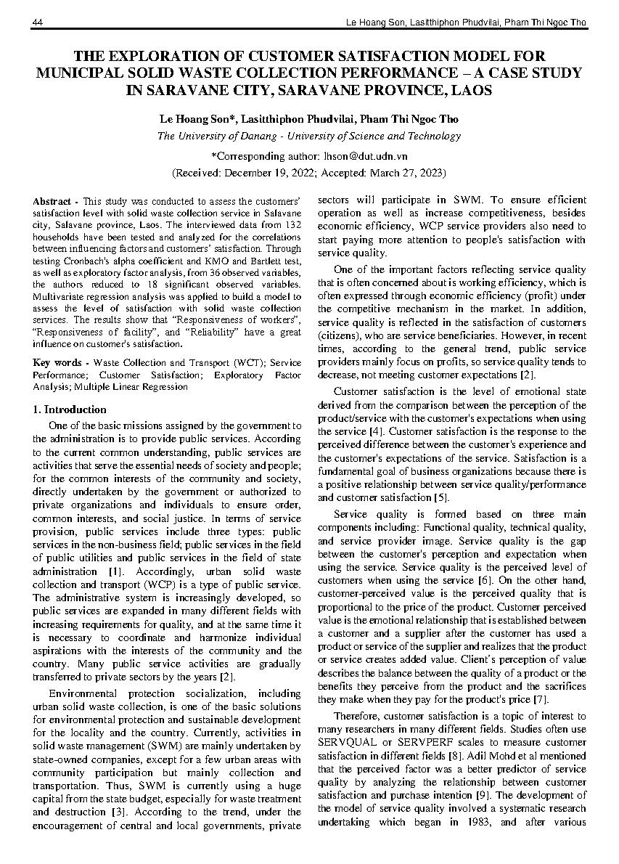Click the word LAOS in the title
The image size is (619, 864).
coord(472,91)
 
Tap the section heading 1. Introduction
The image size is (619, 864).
coord(70,409)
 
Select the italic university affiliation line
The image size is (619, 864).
coord(309,136)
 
